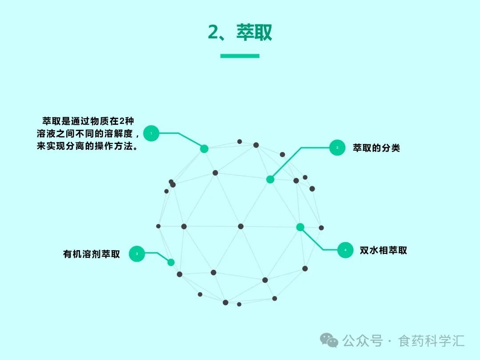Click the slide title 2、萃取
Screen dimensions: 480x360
click(240, 32)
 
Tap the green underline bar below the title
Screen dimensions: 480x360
click(240, 56)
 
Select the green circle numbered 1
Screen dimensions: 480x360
click(151, 133)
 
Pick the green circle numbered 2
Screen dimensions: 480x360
click(337, 148)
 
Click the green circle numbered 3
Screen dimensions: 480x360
click(137, 254)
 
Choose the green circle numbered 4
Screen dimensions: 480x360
click(345, 250)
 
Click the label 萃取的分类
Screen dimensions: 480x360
click(376, 148)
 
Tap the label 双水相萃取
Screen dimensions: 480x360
click(383, 251)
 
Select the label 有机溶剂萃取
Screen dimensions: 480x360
click(92, 255)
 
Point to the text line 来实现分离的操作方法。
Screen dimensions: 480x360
click(87, 146)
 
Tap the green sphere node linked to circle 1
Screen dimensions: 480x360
click(204, 149)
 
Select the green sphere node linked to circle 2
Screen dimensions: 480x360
click(270, 180)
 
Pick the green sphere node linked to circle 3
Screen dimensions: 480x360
click(171, 262)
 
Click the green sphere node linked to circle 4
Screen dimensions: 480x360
click(300, 227)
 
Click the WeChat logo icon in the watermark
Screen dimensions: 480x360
click(329, 341)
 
